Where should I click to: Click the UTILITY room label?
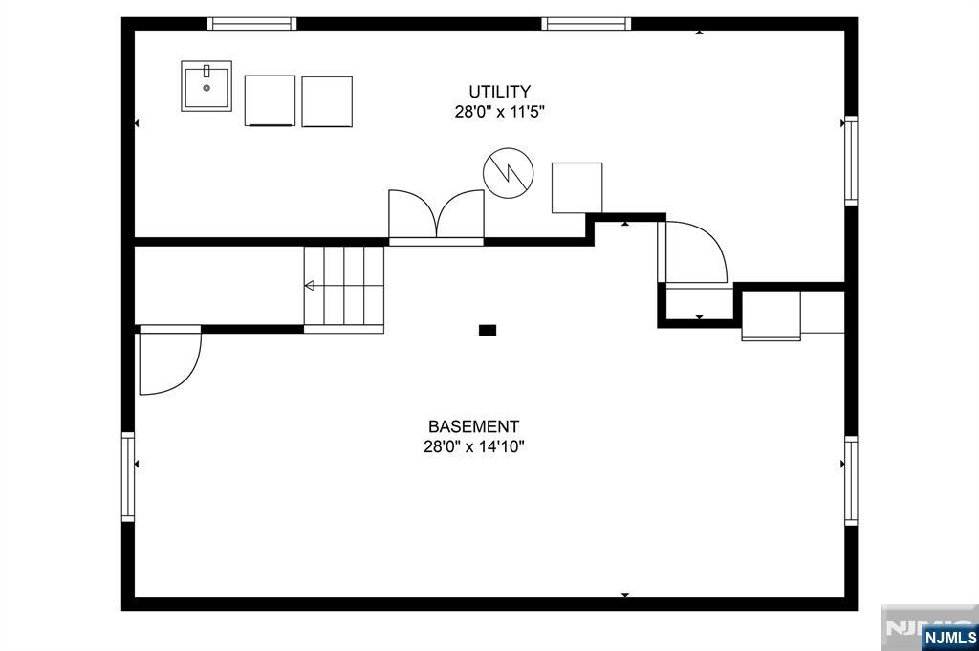point(499,92)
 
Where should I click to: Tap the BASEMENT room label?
point(473,427)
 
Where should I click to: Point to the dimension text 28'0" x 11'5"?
point(499,113)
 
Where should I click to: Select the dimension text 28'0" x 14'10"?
point(473,446)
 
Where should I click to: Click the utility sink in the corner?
point(207,86)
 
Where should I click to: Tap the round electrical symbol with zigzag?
point(509,173)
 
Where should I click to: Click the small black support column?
point(488,330)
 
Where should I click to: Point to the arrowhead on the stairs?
point(309,286)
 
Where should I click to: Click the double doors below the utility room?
point(436,216)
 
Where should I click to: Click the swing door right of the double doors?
point(693,252)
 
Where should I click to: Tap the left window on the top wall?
point(251,24)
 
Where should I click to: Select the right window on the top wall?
point(586,24)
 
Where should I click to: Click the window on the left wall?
point(128,477)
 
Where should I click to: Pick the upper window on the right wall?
point(851,161)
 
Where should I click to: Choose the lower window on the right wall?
point(851,481)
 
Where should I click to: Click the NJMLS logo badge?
point(949,638)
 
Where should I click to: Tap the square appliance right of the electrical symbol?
point(577,188)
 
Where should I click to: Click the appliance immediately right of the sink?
point(270,101)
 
